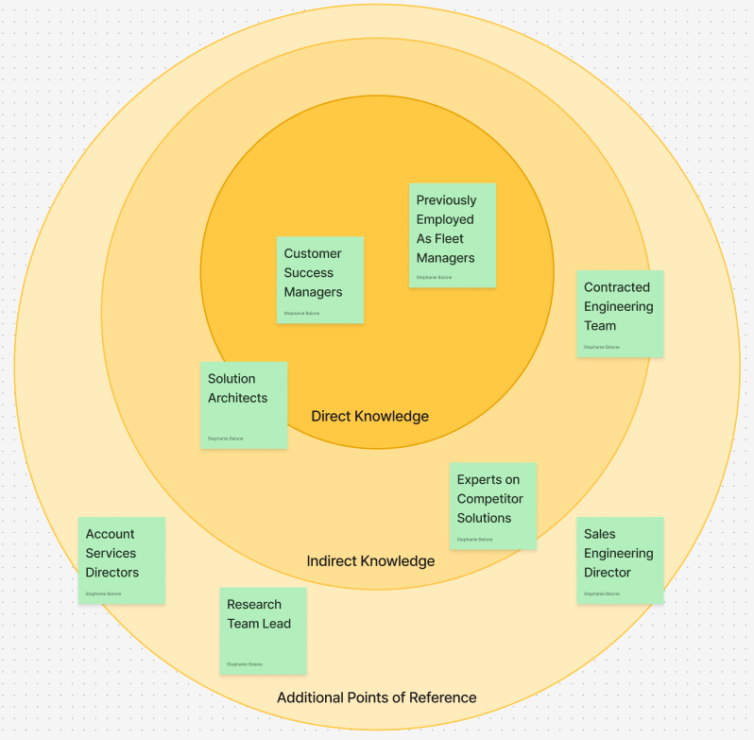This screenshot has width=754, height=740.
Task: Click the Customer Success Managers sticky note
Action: click(319, 280)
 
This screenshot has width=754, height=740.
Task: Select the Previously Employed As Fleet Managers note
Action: click(452, 234)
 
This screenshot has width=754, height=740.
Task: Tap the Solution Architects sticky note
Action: click(243, 404)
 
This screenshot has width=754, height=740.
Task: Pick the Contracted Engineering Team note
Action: click(619, 313)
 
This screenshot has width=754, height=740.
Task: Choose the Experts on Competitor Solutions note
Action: click(492, 506)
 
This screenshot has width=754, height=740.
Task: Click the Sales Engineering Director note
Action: click(619, 559)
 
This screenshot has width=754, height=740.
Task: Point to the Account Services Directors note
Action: click(121, 559)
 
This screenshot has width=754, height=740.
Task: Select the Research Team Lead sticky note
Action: click(262, 630)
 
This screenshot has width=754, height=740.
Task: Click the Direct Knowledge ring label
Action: click(369, 416)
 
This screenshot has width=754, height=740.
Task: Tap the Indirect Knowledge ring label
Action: click(370, 561)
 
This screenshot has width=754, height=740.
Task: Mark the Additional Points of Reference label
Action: click(376, 697)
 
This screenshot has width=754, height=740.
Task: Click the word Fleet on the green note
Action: click(459, 239)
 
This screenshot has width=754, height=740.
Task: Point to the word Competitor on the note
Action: click(489, 499)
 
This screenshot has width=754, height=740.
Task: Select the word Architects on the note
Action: click(237, 398)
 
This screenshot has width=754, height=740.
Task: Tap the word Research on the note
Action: click(254, 605)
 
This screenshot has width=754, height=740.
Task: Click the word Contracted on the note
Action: click(617, 287)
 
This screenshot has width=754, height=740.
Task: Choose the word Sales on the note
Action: click(599, 534)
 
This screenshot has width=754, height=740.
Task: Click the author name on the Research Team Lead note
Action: click(244, 664)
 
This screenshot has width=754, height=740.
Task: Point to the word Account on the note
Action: click(110, 534)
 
